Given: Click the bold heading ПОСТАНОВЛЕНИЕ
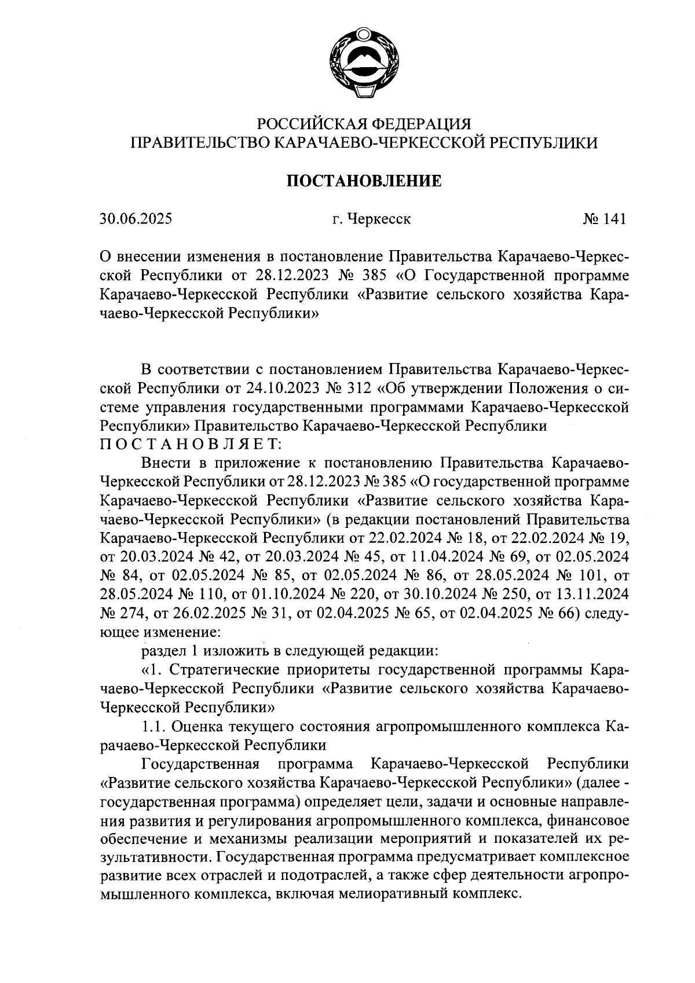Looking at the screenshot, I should point(364,181).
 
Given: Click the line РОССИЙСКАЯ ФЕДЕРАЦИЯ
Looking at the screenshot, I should point(364,123).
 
